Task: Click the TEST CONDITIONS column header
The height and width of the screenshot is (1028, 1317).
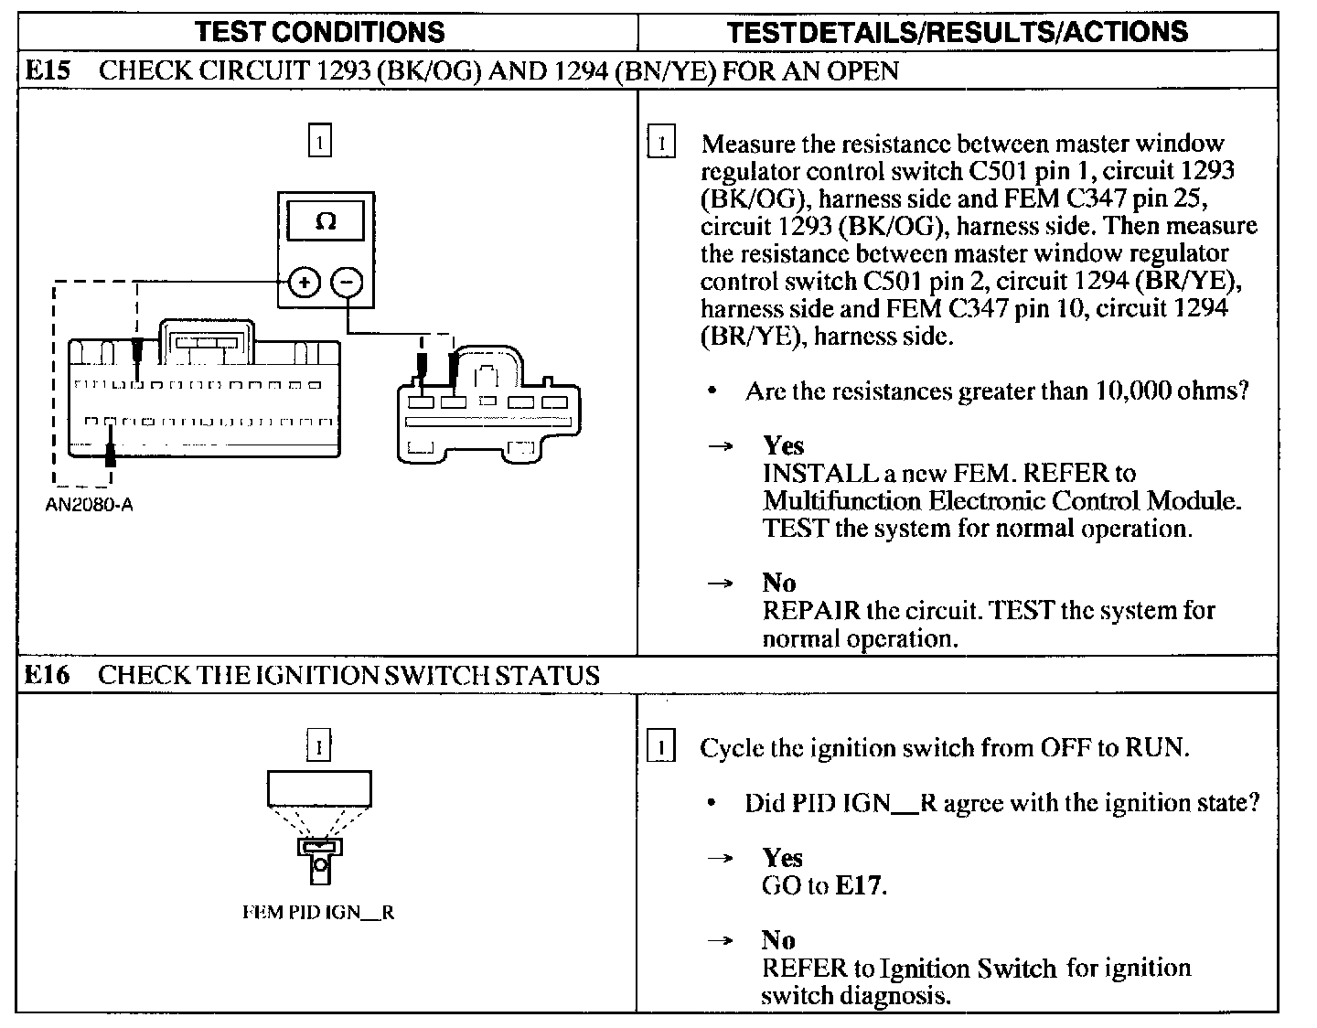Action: [320, 32]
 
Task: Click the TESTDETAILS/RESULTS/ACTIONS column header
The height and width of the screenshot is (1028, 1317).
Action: [957, 32]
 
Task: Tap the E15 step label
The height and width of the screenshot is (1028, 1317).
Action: [47, 71]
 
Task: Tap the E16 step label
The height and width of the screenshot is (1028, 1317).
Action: [47, 676]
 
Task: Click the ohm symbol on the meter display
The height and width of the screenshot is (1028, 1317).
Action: [326, 221]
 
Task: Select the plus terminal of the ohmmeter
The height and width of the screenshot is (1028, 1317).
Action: [304, 283]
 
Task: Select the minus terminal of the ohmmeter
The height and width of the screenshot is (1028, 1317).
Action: [347, 283]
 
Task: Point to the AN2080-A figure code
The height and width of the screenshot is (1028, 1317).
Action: [89, 505]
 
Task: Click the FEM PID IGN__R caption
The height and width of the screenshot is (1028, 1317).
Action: [318, 913]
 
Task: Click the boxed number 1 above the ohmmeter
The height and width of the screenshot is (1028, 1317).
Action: [319, 143]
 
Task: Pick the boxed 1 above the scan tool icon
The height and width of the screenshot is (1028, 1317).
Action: [318, 747]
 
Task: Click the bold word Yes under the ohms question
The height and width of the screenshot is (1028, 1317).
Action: [783, 445]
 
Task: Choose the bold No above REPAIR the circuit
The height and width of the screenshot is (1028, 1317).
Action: [778, 583]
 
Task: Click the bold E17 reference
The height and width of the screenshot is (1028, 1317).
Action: [860, 885]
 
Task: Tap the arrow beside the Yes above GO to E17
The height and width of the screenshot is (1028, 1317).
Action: [722, 858]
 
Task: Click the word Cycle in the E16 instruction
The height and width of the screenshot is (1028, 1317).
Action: [732, 748]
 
